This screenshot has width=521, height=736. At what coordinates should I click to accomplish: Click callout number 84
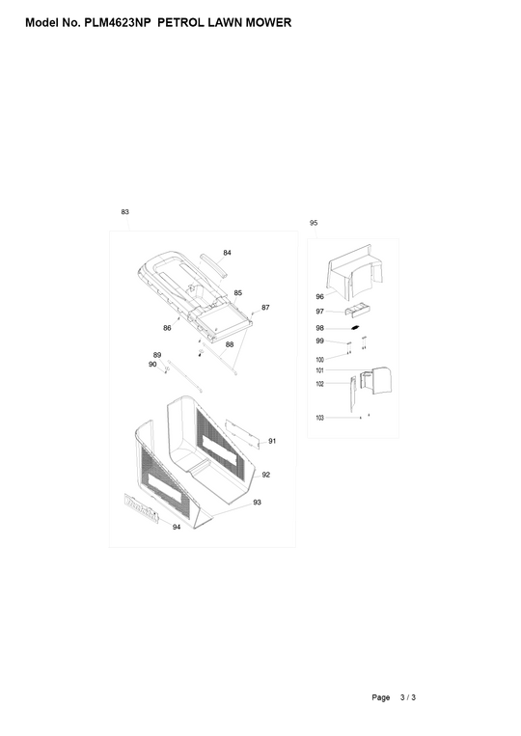click(x=227, y=253)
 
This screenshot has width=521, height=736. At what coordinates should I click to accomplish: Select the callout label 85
click(x=237, y=292)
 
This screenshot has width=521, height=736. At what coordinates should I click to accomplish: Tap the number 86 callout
click(x=167, y=329)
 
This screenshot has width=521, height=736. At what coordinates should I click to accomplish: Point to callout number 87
click(x=265, y=308)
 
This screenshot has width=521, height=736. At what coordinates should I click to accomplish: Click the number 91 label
click(x=273, y=441)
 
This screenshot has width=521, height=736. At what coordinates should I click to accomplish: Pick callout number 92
click(x=265, y=475)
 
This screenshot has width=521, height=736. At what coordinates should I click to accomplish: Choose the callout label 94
click(x=176, y=528)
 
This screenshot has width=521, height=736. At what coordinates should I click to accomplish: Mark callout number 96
click(x=319, y=296)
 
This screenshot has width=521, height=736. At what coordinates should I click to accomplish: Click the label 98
click(x=319, y=328)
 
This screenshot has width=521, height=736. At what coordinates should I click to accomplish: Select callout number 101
click(x=319, y=370)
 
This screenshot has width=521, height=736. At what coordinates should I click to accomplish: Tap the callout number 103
click(x=319, y=418)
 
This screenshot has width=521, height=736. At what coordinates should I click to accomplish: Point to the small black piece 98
click(x=355, y=328)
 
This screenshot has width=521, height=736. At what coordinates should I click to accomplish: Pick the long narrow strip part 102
click(x=352, y=395)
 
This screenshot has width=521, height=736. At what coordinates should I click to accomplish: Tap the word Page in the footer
click(x=382, y=696)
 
